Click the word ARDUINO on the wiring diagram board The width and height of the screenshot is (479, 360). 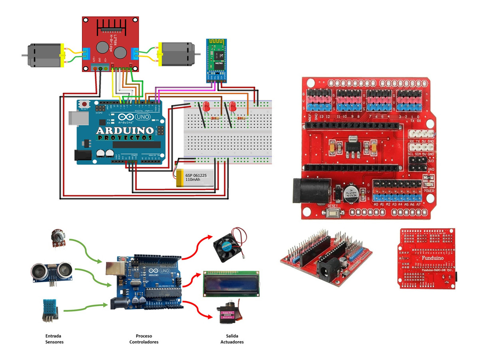[125, 131]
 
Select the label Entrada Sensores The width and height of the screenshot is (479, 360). [54, 339]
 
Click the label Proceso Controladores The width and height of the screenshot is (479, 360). [144, 339]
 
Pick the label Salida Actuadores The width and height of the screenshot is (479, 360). [232, 339]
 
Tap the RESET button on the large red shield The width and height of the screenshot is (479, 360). [332, 212]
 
